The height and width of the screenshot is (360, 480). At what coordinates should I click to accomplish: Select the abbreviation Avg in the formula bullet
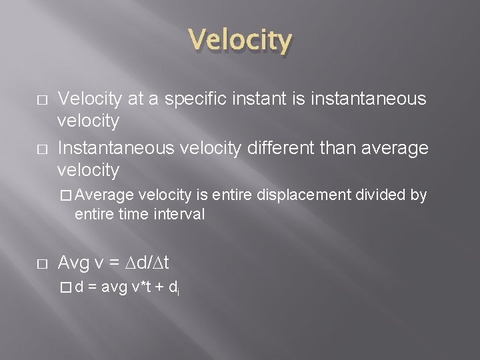[x=73, y=263]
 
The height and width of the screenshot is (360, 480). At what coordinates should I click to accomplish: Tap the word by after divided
[x=418, y=195]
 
